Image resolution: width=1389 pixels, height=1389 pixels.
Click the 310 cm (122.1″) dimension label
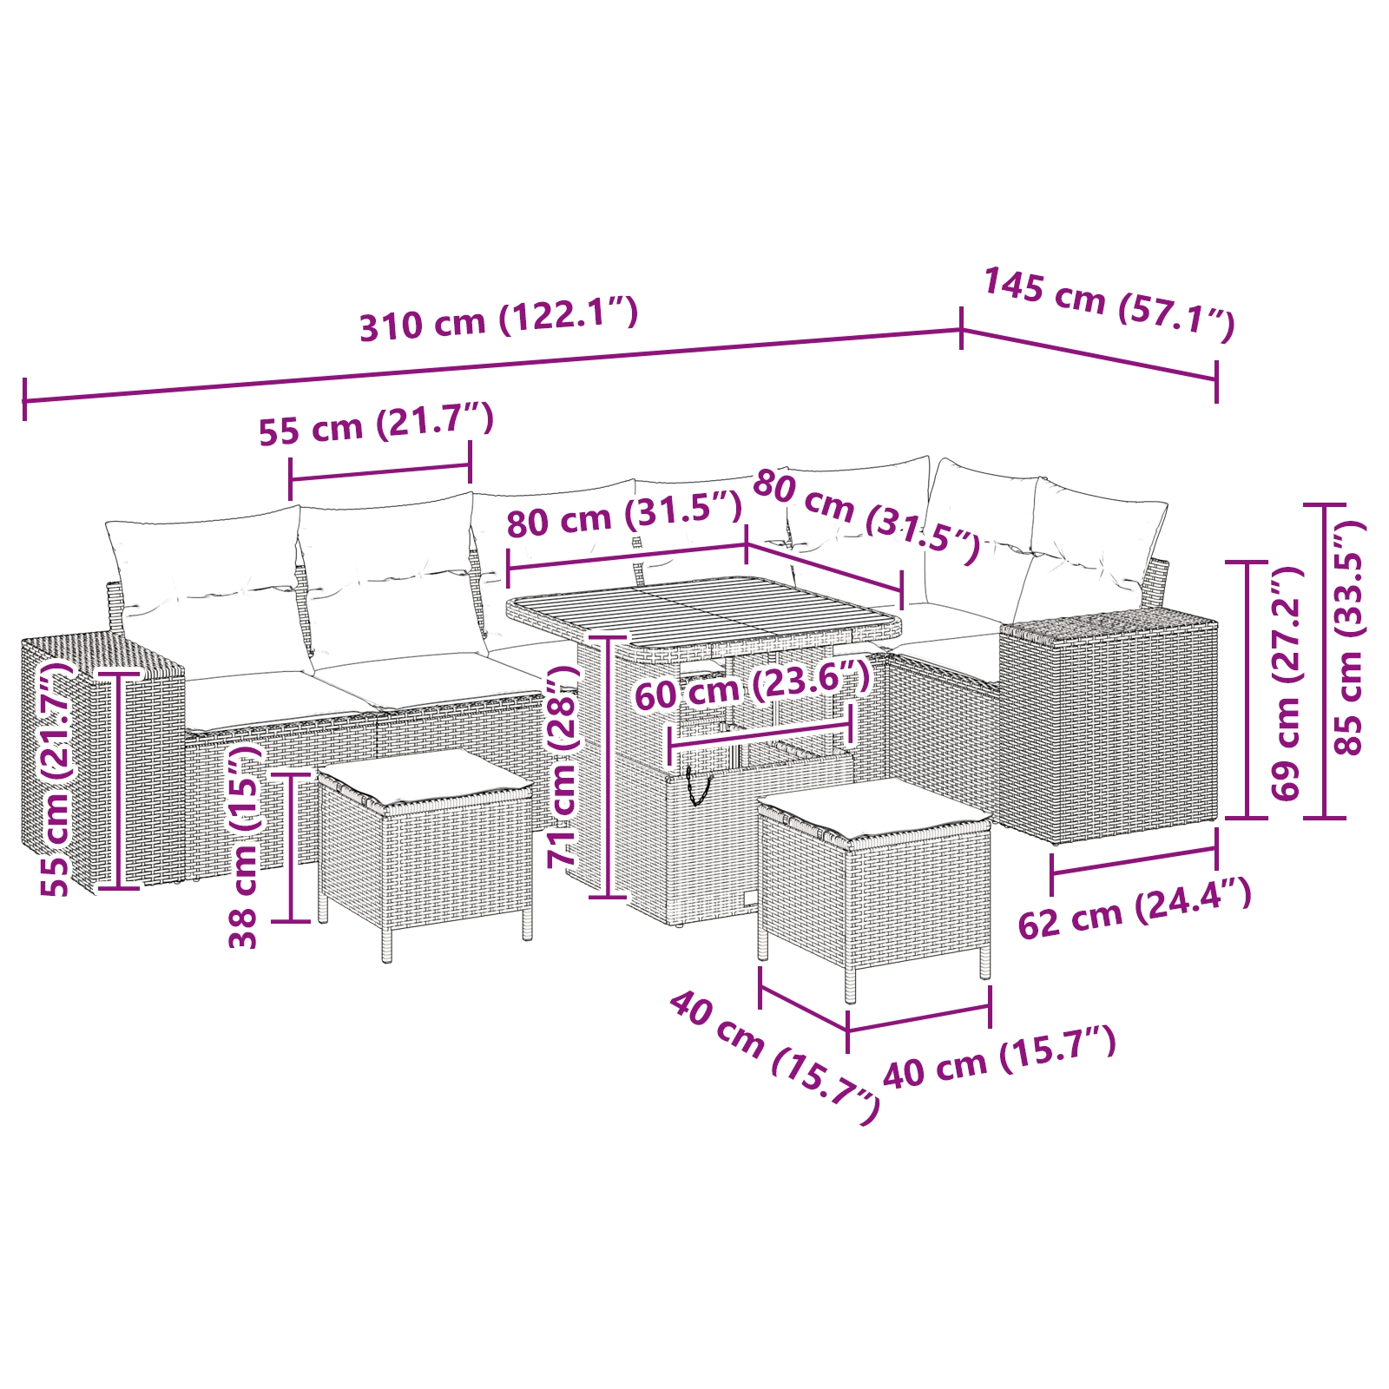pos(498,319)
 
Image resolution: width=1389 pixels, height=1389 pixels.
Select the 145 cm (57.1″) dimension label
pos(1109,304)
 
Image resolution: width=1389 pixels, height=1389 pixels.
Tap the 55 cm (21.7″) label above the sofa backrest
pos(376,425)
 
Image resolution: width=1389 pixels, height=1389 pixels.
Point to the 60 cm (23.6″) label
pos(752,685)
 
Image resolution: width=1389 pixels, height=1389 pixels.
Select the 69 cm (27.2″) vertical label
pos(1286,682)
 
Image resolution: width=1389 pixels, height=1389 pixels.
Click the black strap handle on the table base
pos(696,786)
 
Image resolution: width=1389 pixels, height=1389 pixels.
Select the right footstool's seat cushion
pos(874,809)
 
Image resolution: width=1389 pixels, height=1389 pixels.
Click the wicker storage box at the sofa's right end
pos(1109,725)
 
